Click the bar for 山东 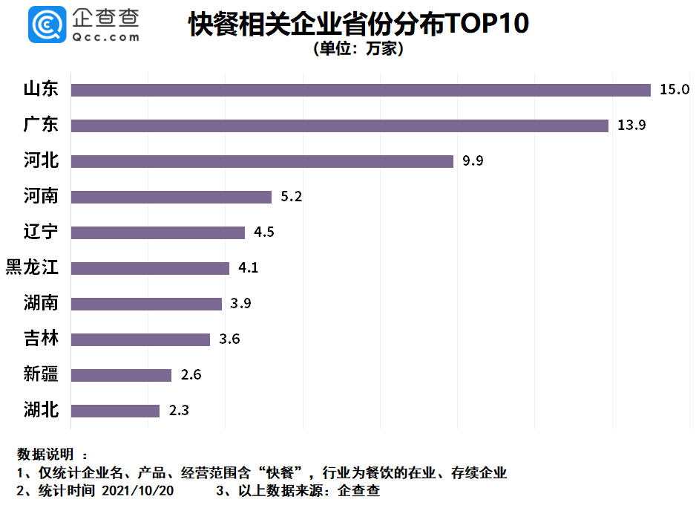pyautogui.click(x=361, y=90)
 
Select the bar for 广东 pyautogui.click(x=340, y=126)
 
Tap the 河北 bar pyautogui.click(x=262, y=161)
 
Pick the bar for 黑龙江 pyautogui.click(x=150, y=268)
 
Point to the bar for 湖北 pyautogui.click(x=115, y=411)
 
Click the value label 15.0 pyautogui.click(x=675, y=90)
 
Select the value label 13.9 pyautogui.click(x=632, y=126)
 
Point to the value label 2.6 pyautogui.click(x=191, y=375)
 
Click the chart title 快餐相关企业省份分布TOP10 pyautogui.click(x=358, y=24)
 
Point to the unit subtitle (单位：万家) pyautogui.click(x=358, y=50)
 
